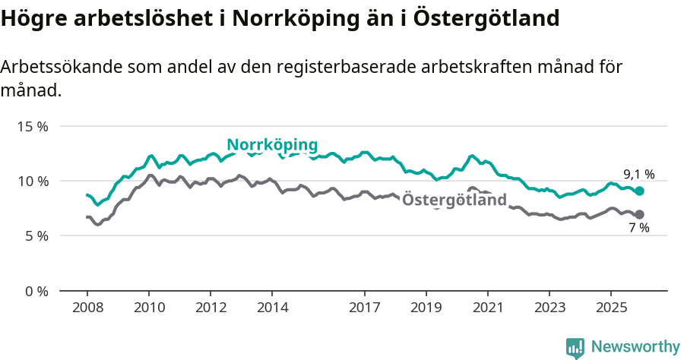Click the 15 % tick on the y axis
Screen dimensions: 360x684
(32, 126)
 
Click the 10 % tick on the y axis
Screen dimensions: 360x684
(32, 181)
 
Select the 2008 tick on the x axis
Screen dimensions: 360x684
(87, 308)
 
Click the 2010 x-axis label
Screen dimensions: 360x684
(149, 308)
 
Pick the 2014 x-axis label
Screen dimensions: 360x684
(272, 308)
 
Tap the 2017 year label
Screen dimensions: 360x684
(365, 308)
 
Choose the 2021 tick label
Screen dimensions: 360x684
(487, 308)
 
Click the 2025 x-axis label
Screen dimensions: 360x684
(610, 308)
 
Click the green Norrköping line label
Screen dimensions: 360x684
(272, 145)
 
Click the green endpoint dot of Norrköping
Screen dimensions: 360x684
(640, 191)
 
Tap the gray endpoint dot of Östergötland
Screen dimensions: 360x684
(640, 214)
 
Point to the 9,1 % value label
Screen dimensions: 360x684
(638, 174)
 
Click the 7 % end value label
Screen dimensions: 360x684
(638, 228)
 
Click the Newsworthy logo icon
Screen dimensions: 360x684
(575, 348)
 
